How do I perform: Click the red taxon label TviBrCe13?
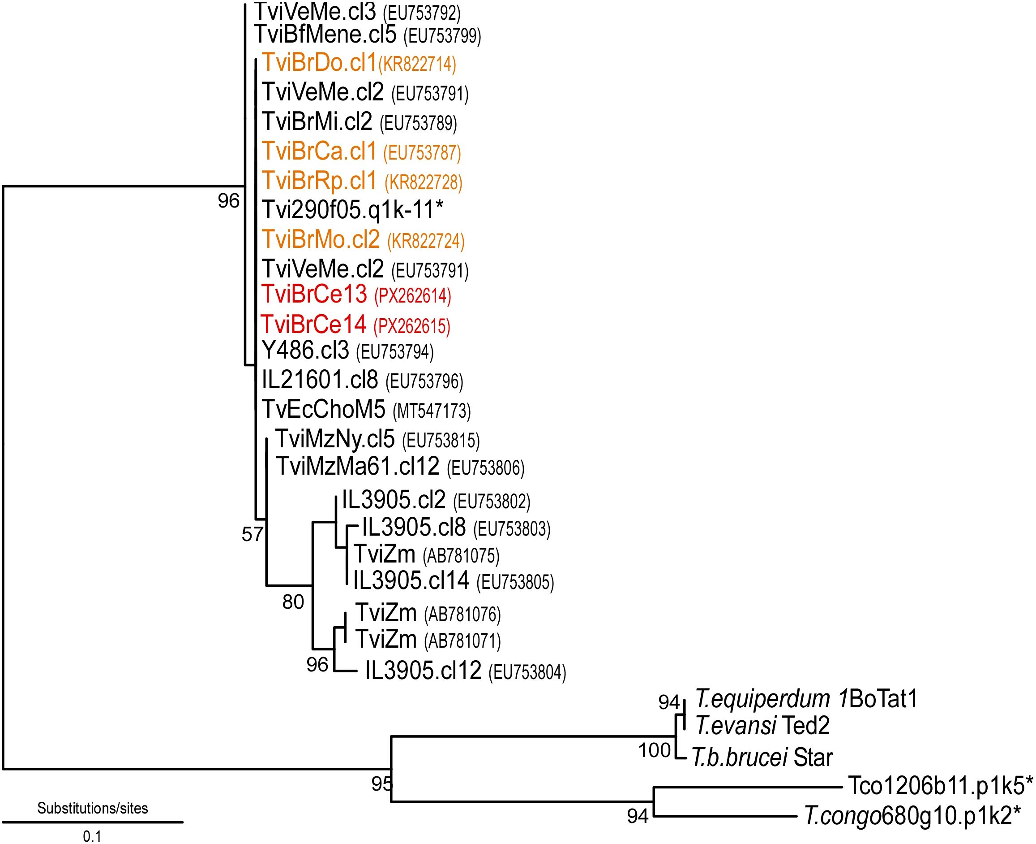tap(314, 294)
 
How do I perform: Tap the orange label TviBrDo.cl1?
tap(319, 63)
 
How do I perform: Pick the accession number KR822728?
tap(423, 182)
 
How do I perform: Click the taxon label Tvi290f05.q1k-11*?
tap(352, 210)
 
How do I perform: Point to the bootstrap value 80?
tap(293, 602)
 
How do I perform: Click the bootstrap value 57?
tap(252, 534)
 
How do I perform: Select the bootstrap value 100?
tap(654, 750)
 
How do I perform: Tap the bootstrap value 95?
tap(381, 783)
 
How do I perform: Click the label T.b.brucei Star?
tap(762, 757)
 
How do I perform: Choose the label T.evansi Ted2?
tap(762, 726)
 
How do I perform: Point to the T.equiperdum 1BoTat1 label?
tap(806, 699)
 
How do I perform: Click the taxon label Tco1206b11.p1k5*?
tap(940, 786)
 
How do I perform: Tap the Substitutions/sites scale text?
tap(92, 808)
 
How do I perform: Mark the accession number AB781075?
tap(461, 555)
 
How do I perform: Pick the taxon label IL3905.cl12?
tap(423, 671)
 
